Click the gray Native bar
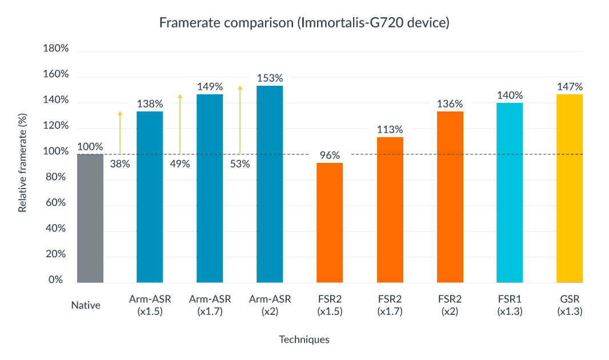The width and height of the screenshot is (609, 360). click(90, 218)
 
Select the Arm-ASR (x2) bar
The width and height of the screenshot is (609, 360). click(270, 184)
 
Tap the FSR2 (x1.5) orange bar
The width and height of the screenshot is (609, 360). click(330, 223)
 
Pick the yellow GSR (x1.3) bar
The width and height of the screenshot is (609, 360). click(570, 189)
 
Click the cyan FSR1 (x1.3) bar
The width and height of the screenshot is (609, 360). click(510, 193)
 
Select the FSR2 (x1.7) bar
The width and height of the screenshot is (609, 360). click(390, 210)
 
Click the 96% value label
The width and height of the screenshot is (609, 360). click(330, 155)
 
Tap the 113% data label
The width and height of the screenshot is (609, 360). click(390, 129)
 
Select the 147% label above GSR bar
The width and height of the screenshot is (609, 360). click(570, 87)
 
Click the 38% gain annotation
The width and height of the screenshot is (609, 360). click(120, 164)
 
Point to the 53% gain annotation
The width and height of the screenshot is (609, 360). click(240, 164)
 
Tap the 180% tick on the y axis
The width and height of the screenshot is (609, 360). click(56, 49)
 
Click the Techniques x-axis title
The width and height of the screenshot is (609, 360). click(304, 339)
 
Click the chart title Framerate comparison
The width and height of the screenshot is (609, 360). click(304, 23)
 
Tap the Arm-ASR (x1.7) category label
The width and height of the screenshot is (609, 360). click(210, 305)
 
